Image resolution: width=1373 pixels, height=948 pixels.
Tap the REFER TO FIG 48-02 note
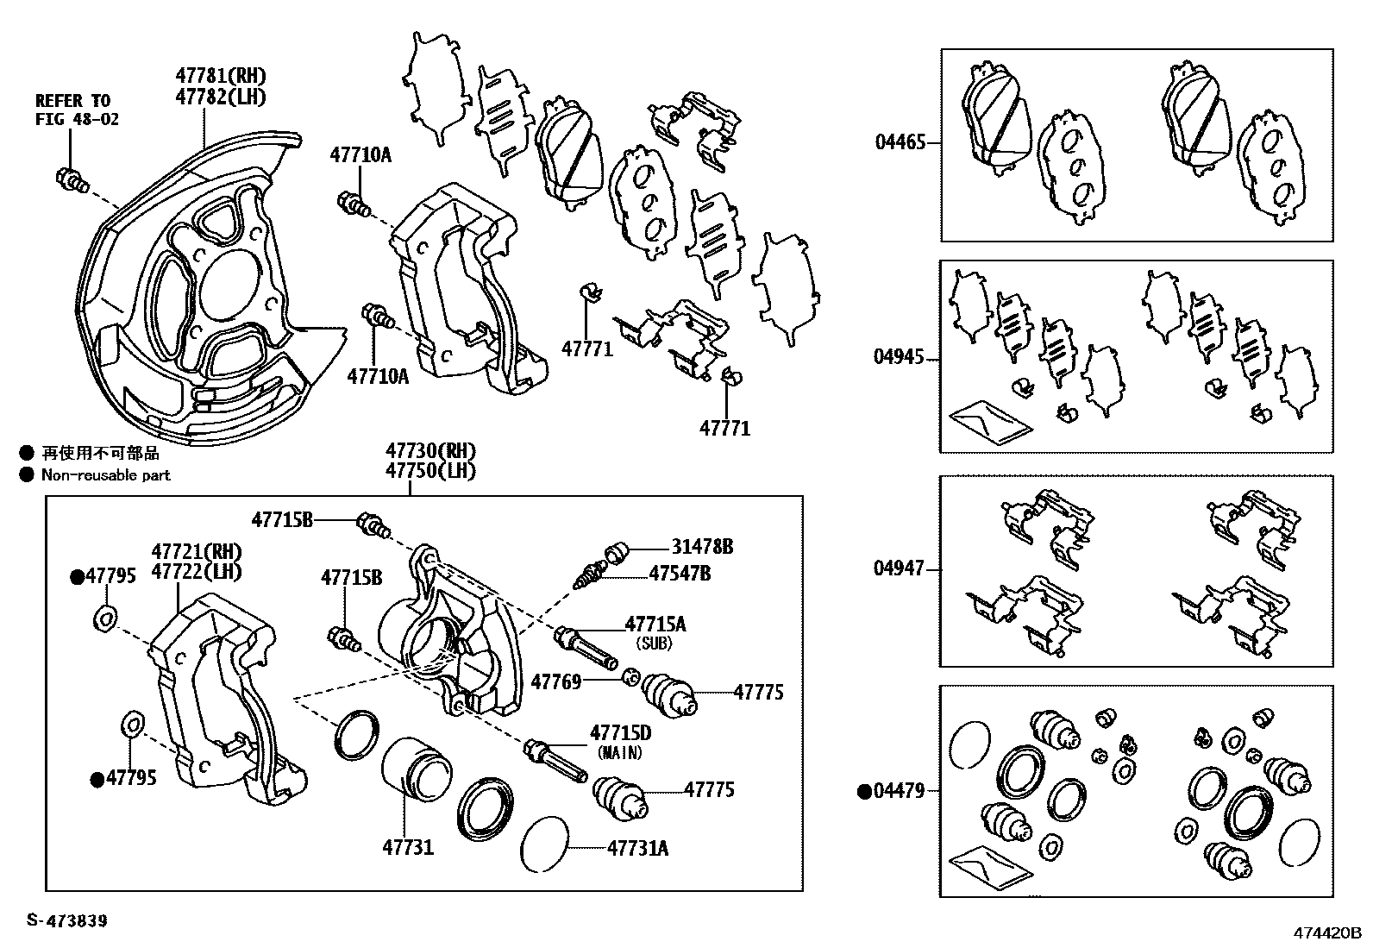click(77, 110)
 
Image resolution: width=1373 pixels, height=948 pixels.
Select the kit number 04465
click(900, 142)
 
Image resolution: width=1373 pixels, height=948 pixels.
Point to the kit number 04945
click(900, 357)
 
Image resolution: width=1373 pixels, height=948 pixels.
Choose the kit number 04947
click(900, 568)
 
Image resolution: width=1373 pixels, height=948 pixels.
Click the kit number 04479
click(900, 790)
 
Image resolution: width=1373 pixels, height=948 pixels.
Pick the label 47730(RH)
click(430, 451)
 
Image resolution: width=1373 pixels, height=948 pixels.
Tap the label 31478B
click(704, 546)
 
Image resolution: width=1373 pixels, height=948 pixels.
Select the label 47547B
click(680, 573)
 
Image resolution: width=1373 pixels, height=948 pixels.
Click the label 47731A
click(637, 848)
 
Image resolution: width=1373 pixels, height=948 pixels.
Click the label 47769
click(556, 682)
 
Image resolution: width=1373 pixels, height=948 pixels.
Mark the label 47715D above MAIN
click(620, 733)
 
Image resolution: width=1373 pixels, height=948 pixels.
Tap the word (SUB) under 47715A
click(653, 644)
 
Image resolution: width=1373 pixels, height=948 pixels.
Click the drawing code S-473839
click(67, 921)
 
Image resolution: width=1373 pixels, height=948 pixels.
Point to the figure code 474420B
click(1324, 933)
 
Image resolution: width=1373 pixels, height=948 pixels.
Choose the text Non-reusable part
click(106, 475)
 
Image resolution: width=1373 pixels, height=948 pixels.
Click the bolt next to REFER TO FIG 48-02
click(72, 180)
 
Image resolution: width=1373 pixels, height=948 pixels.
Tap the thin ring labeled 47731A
click(546, 843)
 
